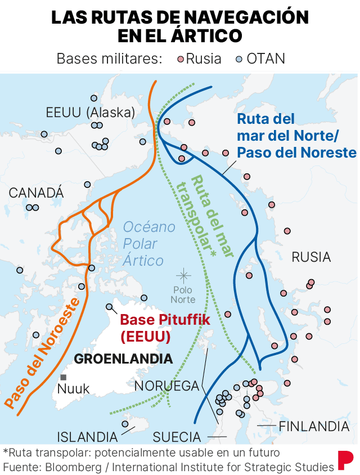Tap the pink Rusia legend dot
tap(181, 59)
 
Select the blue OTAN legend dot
tap(238, 59)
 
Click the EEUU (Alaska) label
tap(90, 113)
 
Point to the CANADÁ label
tap(36, 193)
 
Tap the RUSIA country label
tap(311, 257)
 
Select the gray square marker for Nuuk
tap(64, 377)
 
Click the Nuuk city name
tap(74, 389)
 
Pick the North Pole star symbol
tap(183, 275)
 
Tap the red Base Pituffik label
tap(157, 328)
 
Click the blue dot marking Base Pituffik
tap(110, 307)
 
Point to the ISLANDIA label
tap(87, 437)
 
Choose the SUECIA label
tap(177, 437)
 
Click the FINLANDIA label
tap(314, 425)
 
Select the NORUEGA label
tap(167, 386)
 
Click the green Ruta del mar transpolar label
tap(204, 217)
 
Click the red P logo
tap(345, 460)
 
